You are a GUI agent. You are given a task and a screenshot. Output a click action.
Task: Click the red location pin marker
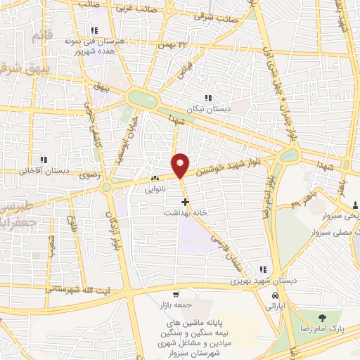(181, 165)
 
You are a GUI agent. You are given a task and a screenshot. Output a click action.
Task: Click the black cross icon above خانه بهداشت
(186, 202)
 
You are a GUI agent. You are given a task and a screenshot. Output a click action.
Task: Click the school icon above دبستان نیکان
(207, 98)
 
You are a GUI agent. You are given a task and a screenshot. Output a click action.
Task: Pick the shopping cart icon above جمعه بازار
(176, 295)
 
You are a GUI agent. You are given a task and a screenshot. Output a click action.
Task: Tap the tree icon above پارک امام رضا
(321, 319)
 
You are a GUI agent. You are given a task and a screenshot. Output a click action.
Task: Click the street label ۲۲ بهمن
(176, 44)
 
